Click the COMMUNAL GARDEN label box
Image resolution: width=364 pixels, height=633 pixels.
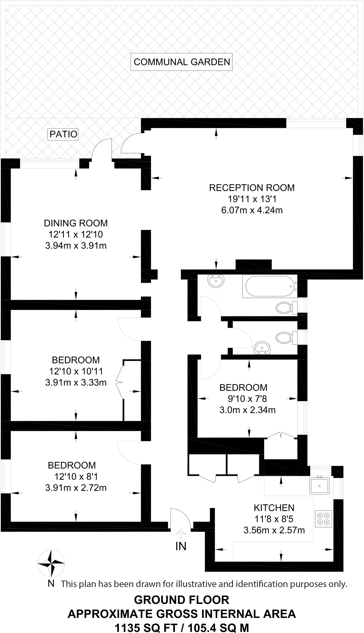tap(182, 62)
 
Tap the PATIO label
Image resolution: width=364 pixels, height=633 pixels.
tap(63, 134)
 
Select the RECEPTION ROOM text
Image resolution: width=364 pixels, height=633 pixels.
tap(252, 188)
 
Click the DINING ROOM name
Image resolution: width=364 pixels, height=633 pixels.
tap(76, 223)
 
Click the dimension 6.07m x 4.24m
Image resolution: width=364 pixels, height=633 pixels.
tap(252, 210)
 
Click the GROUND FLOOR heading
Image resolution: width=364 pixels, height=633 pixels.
tap(182, 600)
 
